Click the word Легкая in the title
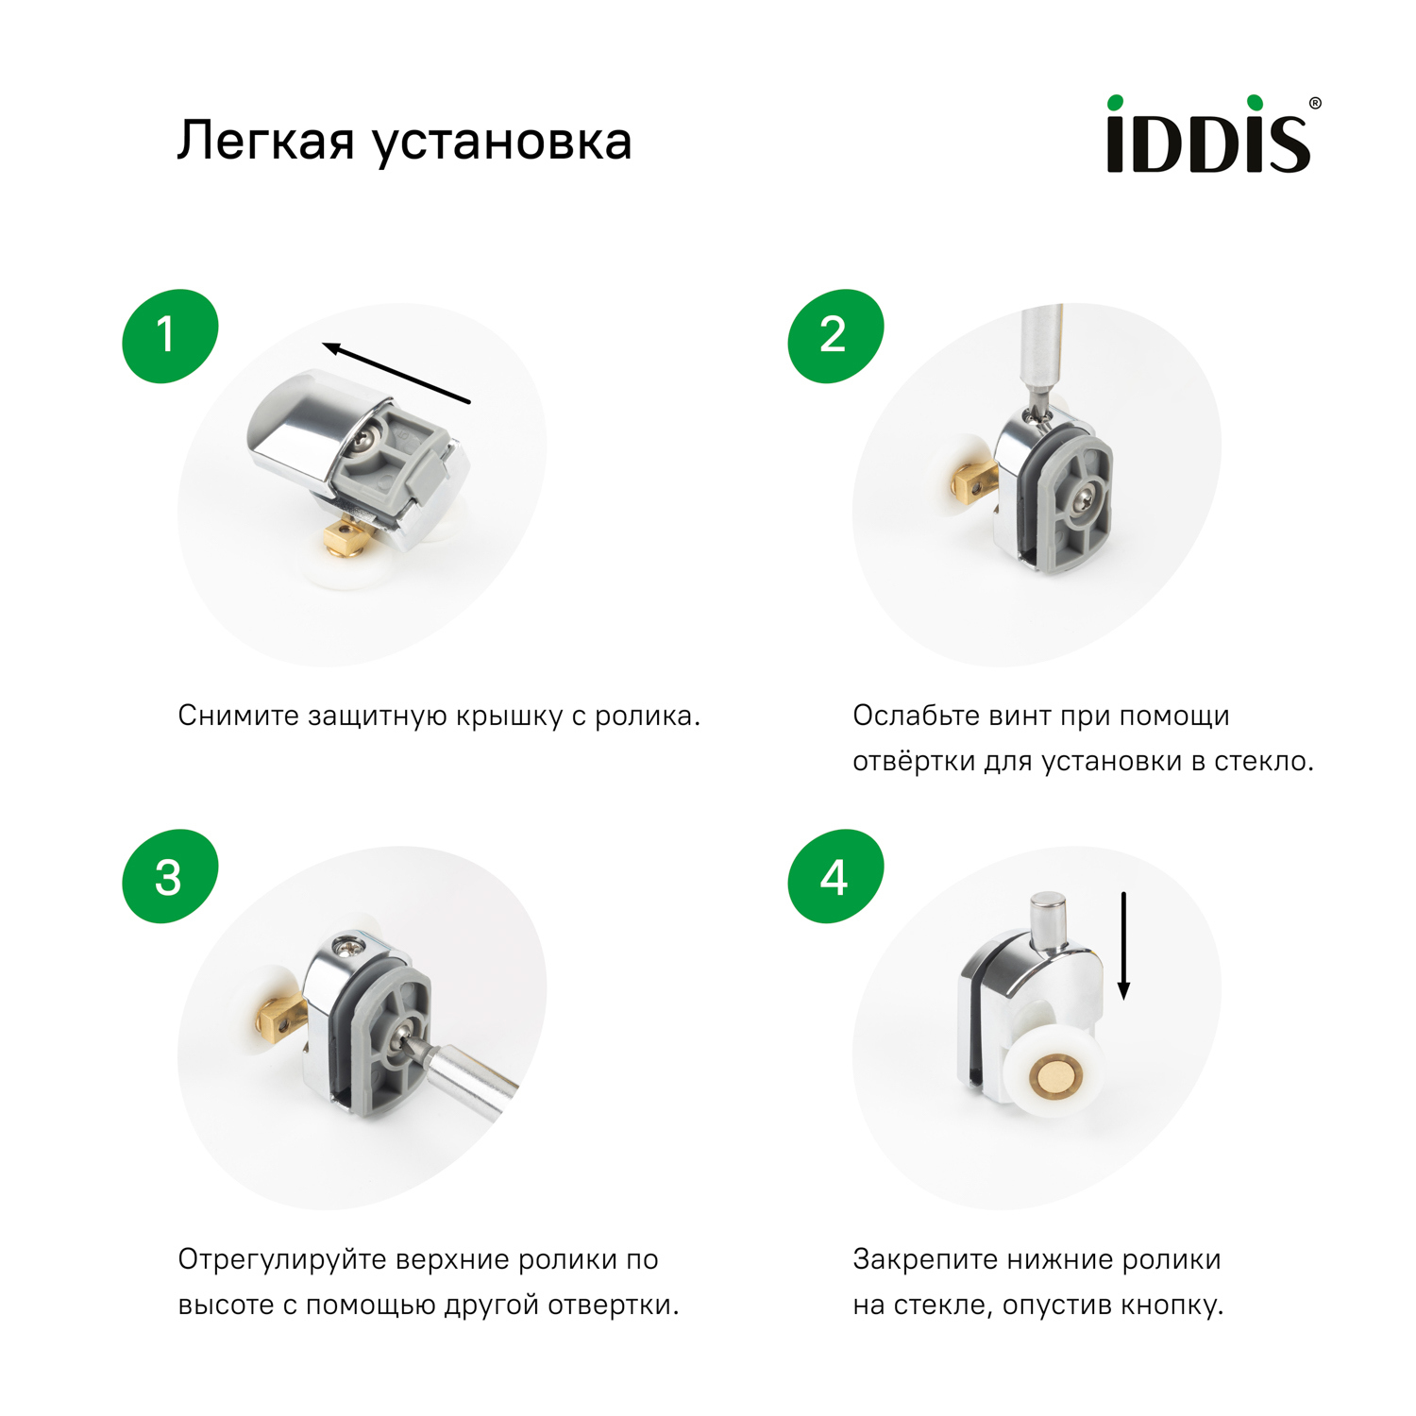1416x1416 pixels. pos(265,142)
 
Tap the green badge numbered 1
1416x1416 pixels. pos(170,335)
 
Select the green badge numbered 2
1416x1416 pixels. pos(834,335)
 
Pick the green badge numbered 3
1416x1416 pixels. pos(170,877)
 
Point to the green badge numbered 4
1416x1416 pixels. pos(834,877)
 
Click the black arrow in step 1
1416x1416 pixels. pos(396,374)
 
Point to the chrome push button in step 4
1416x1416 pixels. pos(1048,920)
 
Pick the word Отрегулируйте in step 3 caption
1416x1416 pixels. pos(282,1260)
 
